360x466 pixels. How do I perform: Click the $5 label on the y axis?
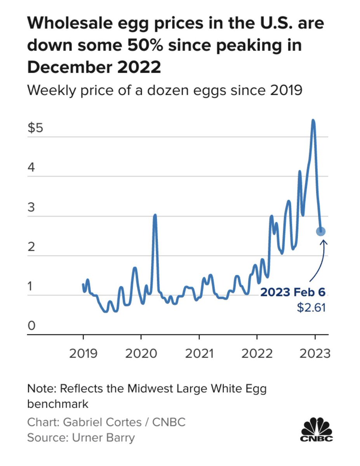point(35,129)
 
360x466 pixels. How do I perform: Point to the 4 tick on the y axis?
point(31,168)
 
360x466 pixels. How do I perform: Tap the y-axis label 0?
point(31,326)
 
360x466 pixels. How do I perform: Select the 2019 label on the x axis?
point(83,353)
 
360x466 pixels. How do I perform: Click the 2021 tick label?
point(199,353)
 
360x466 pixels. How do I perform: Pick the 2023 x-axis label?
point(314,353)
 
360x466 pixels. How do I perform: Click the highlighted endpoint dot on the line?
point(321,231)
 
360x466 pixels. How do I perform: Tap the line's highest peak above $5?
point(313,121)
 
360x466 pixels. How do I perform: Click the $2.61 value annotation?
point(311,308)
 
